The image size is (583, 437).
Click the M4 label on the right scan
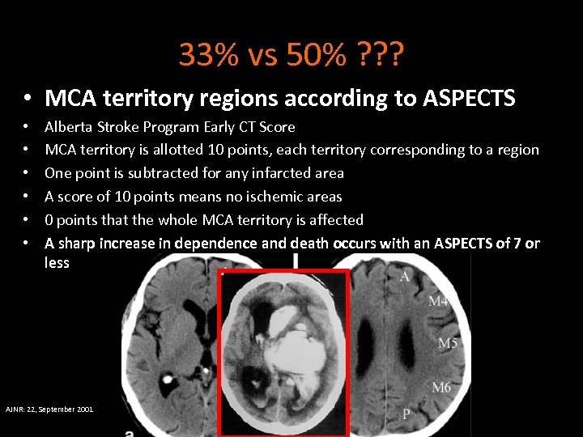(x=438, y=302)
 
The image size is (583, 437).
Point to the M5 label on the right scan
(x=448, y=344)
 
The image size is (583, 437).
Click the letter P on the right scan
(x=406, y=414)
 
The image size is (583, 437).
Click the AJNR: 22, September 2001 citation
(x=49, y=409)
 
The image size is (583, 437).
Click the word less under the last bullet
(x=57, y=262)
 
